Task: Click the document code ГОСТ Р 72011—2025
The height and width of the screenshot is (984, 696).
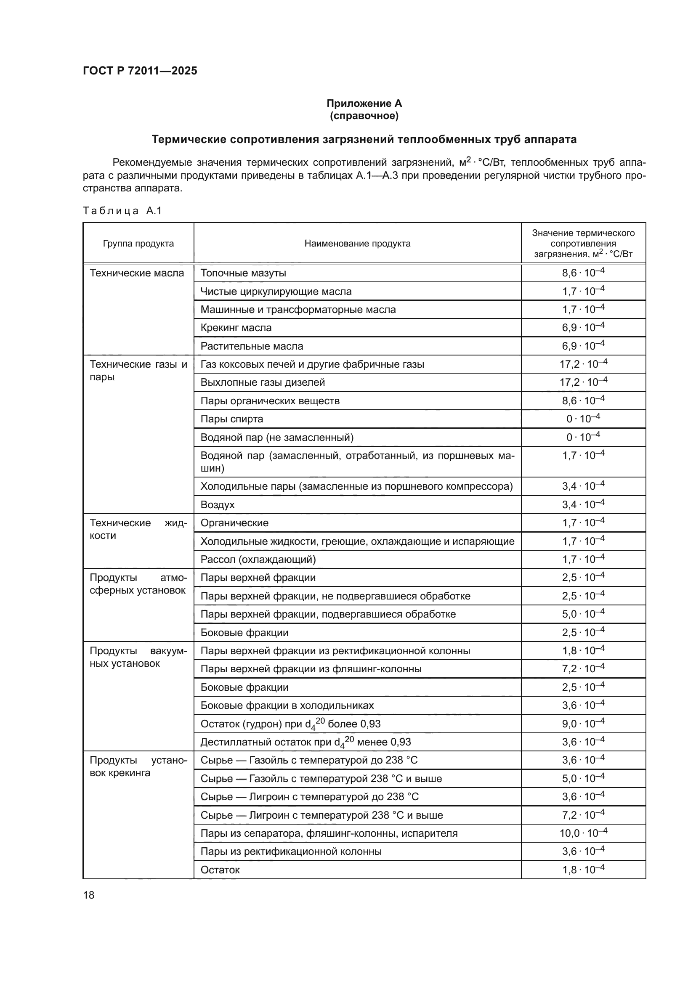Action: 140,71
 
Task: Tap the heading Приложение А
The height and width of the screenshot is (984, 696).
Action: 364,103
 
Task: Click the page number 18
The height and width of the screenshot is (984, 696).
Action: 89,895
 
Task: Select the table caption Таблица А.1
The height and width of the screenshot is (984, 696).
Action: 122,210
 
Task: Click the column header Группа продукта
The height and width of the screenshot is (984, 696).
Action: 138,244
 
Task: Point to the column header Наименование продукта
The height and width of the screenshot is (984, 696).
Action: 357,244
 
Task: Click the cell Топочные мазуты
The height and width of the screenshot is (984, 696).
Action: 243,273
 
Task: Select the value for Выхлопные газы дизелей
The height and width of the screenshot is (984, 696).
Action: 583,382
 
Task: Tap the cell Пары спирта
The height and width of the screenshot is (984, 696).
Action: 231,419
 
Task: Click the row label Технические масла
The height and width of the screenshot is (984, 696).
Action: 137,273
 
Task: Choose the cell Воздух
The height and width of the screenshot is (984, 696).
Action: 217,504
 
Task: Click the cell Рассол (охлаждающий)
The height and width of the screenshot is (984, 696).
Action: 258,559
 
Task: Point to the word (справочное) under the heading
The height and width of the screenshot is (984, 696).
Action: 364,116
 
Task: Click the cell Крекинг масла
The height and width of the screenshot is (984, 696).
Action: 236,327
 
